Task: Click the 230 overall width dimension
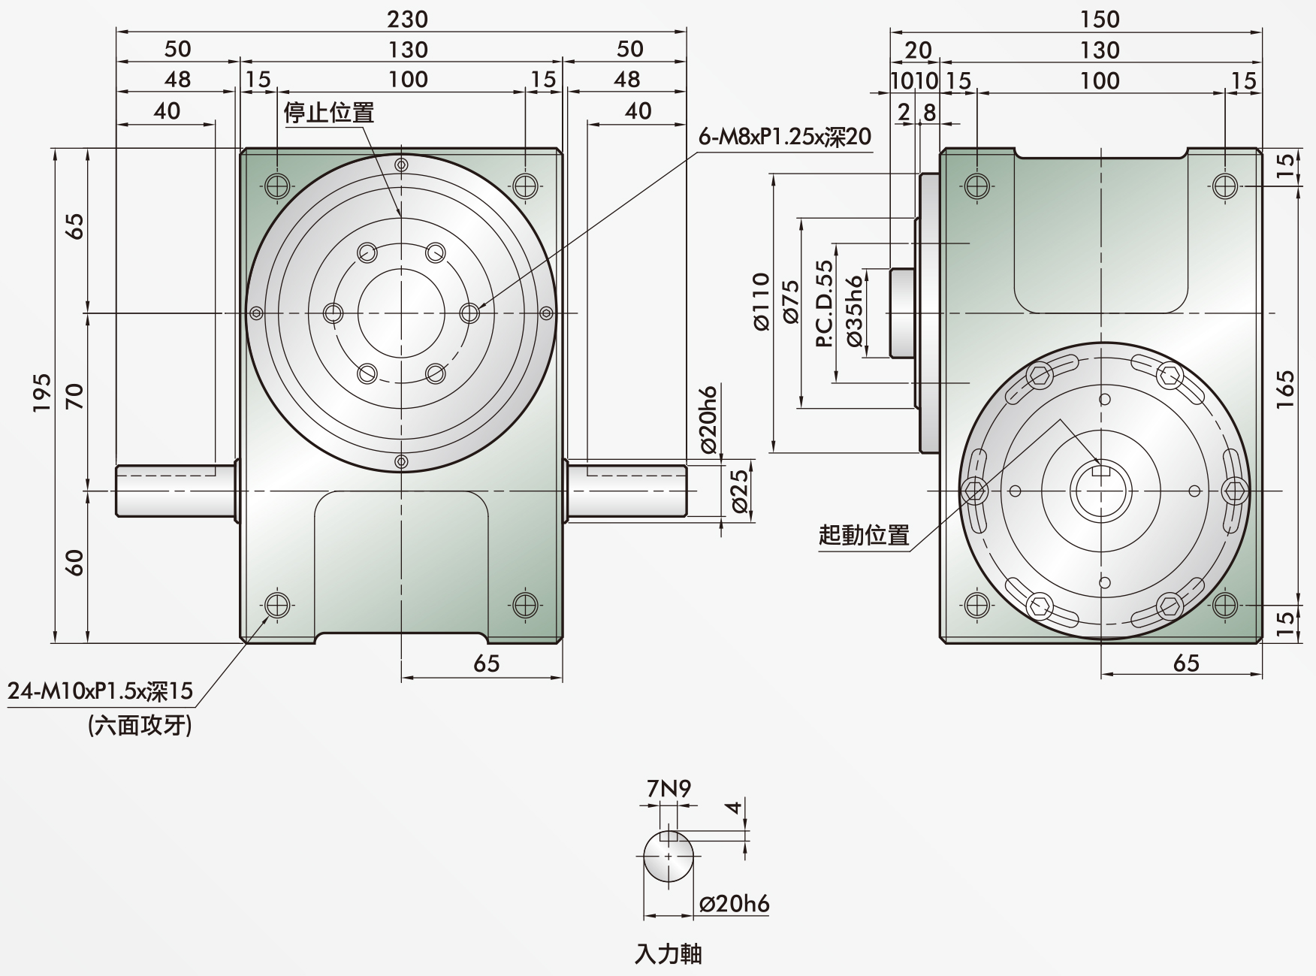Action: (x=407, y=19)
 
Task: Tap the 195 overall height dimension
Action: (x=42, y=392)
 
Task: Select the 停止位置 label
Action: (x=328, y=113)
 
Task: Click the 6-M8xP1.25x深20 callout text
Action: (x=785, y=136)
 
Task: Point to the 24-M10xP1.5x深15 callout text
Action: (x=100, y=690)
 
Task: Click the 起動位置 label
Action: (x=864, y=535)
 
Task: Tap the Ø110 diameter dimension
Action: (x=761, y=301)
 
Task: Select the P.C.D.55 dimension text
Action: (x=824, y=304)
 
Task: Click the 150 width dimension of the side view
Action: (x=1100, y=19)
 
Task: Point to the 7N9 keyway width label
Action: (x=669, y=788)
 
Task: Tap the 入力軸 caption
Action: (x=669, y=954)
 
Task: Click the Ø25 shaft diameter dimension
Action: (x=739, y=491)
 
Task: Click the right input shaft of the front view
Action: (x=626, y=491)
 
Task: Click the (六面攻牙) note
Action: (x=140, y=725)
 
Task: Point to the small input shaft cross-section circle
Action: (x=669, y=857)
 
